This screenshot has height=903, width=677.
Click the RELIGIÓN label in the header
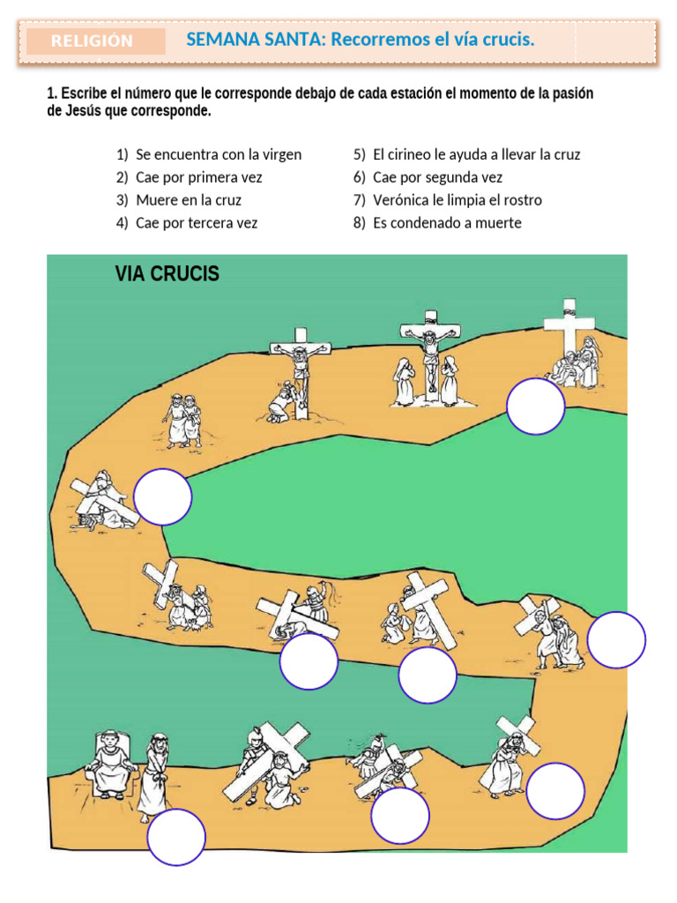(92, 41)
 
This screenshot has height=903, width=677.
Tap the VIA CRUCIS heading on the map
(167, 273)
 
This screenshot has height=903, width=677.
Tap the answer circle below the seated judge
(176, 837)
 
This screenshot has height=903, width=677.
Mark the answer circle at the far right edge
(616, 639)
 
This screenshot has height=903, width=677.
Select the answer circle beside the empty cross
(536, 407)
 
